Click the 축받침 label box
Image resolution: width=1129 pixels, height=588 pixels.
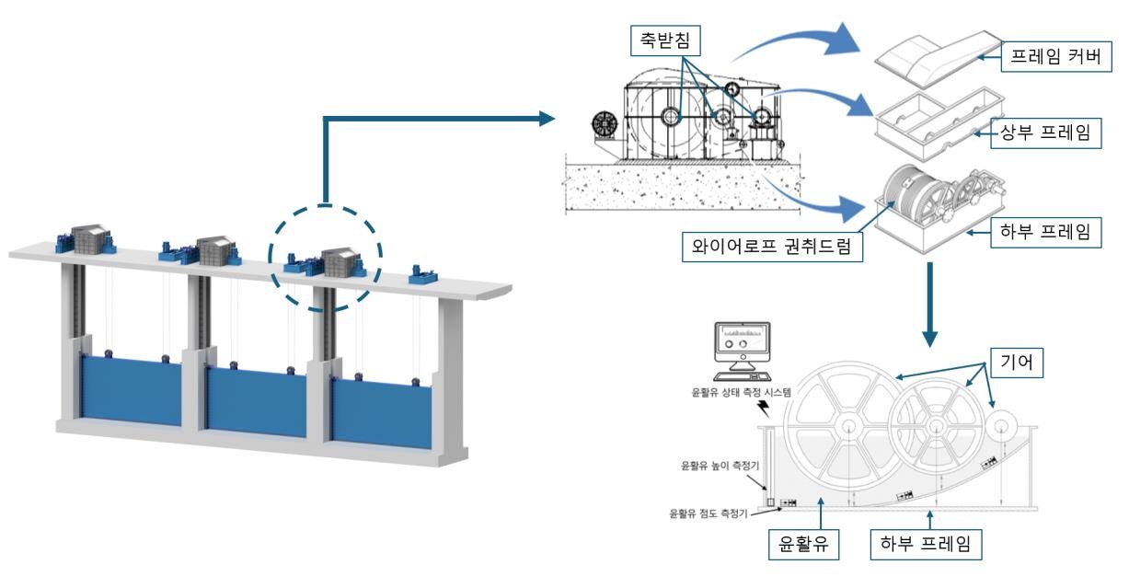(665, 40)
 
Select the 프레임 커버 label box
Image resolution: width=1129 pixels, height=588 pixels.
(1056, 56)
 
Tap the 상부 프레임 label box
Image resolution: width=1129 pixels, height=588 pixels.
(1046, 133)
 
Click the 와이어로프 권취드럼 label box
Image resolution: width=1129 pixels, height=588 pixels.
(772, 247)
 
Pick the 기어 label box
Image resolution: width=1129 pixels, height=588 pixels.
(1017, 363)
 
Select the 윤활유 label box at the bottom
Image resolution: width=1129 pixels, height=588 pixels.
(803, 544)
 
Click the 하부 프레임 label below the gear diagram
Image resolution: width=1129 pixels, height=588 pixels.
(926, 544)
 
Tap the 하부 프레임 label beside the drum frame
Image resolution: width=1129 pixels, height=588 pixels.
(1046, 232)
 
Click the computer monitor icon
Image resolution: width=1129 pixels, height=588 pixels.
(742, 352)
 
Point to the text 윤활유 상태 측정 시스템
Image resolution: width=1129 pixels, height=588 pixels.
(742, 393)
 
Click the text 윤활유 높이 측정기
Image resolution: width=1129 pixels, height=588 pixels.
(720, 466)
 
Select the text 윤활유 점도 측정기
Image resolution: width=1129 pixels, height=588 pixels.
(709, 513)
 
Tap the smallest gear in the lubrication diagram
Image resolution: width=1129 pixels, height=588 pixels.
(1001, 426)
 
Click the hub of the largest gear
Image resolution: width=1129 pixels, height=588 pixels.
(848, 426)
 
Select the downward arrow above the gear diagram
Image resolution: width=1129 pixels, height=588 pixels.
(930, 305)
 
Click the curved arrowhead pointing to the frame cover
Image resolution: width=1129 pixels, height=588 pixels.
(843, 40)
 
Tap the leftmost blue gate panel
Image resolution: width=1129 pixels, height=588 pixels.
(131, 390)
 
